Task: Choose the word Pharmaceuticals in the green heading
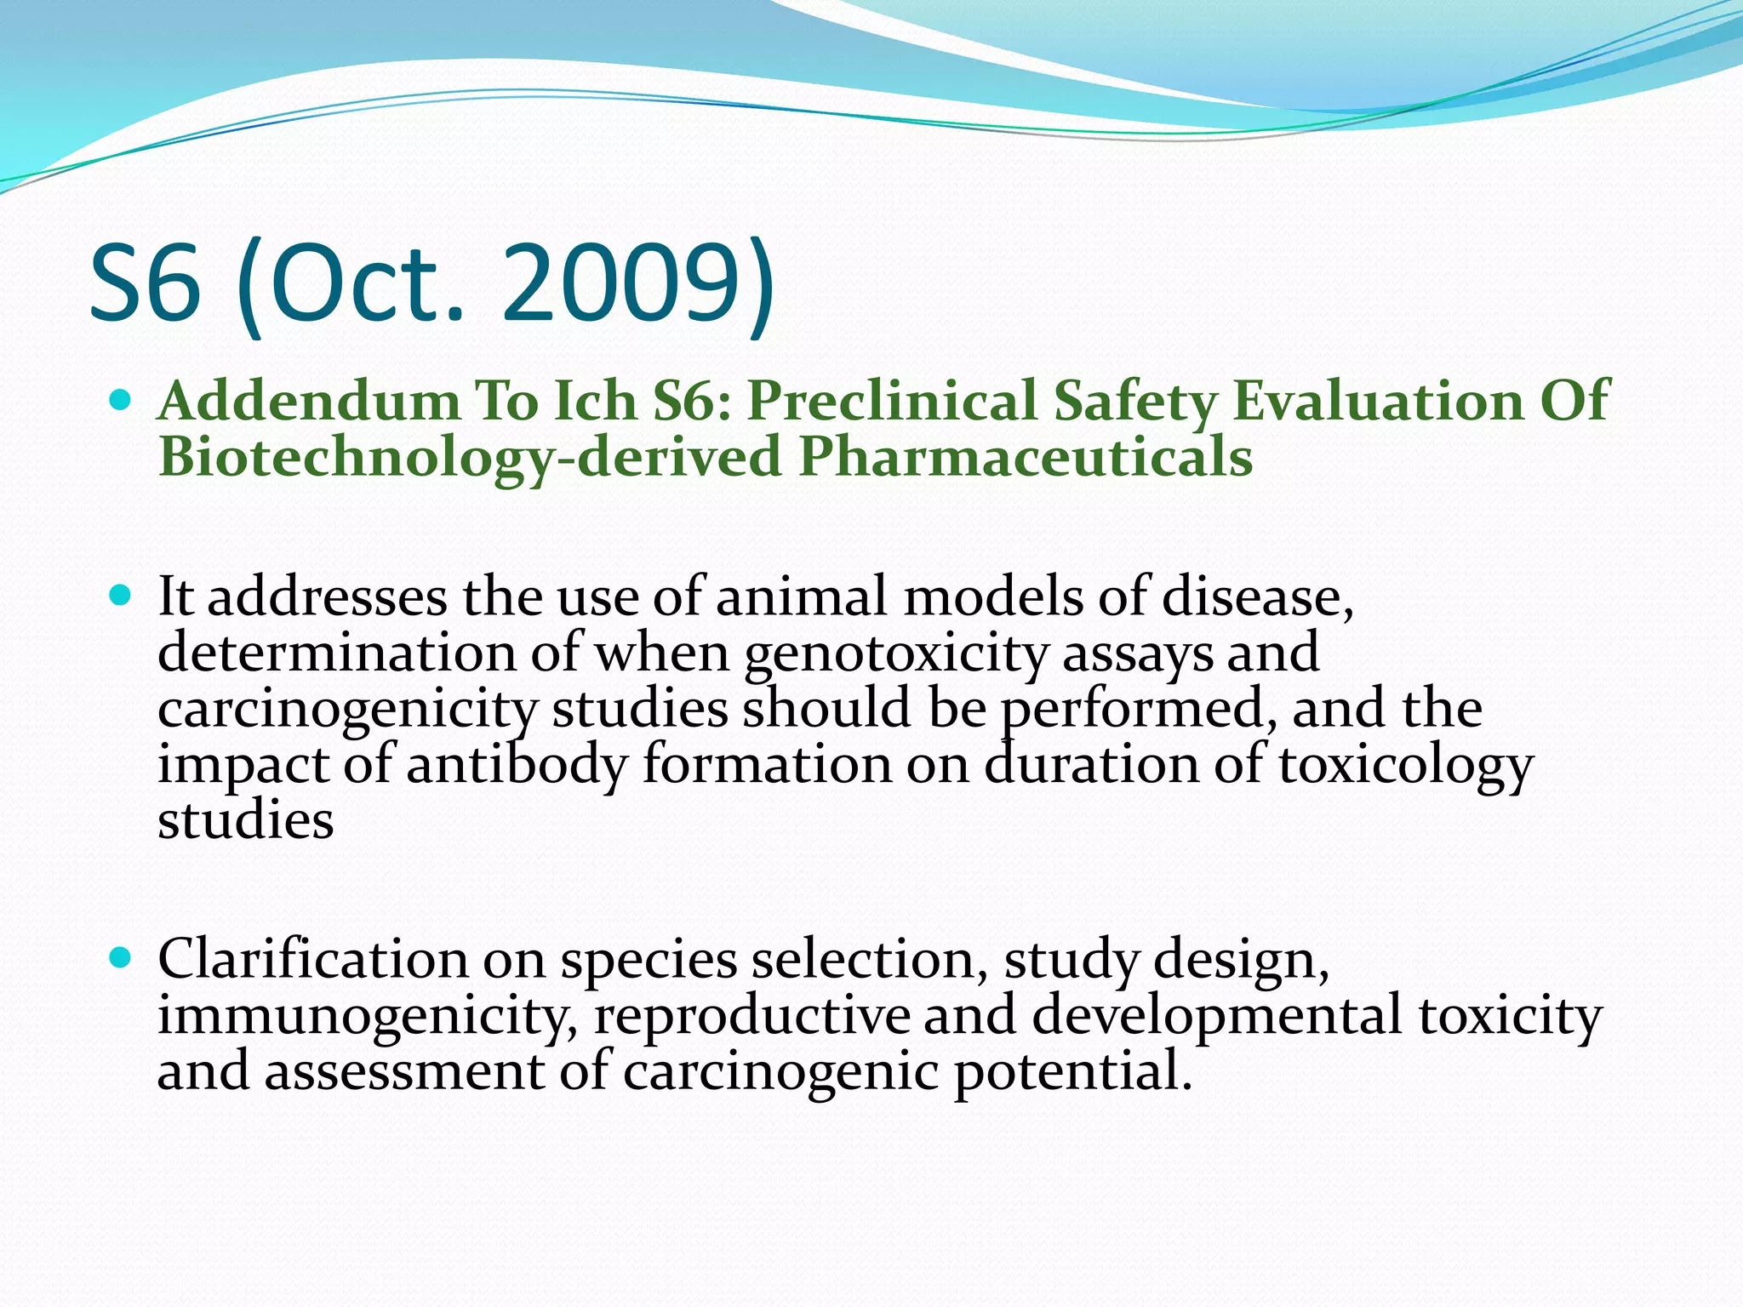[1025, 457]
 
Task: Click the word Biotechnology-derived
[470, 457]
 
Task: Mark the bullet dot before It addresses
[121, 595]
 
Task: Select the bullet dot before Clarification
[121, 958]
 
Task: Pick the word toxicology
[1405, 764]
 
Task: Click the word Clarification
[312, 959]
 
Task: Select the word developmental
[1216, 1015]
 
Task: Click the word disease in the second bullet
[1256, 596]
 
